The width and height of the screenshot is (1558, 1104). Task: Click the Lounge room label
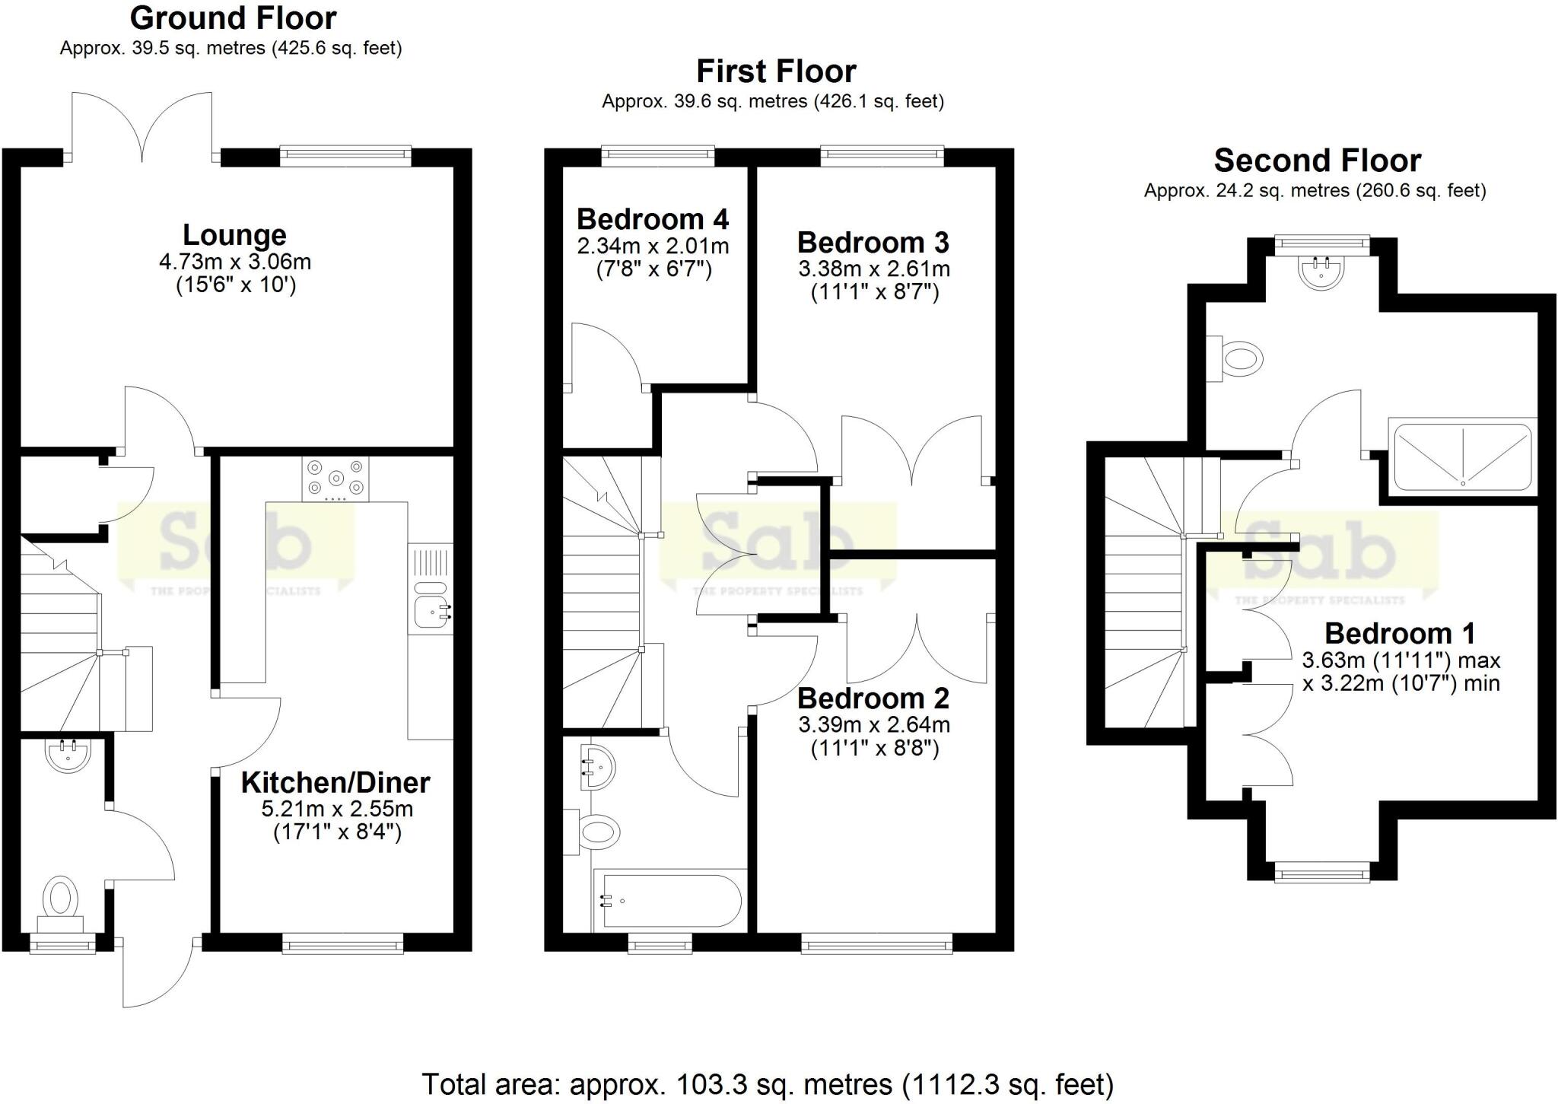click(234, 235)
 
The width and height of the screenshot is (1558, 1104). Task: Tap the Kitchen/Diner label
click(335, 782)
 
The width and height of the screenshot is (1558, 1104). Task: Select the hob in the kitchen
click(335, 479)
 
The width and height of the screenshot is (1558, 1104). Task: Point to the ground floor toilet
click(62, 899)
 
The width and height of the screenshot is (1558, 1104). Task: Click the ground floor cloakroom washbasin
click(68, 752)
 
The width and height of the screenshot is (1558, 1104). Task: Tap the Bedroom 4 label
click(653, 219)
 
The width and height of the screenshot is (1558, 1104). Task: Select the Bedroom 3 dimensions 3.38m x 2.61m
click(874, 269)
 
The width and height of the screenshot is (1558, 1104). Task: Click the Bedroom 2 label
click(873, 698)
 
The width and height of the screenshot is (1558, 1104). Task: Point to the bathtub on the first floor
click(670, 901)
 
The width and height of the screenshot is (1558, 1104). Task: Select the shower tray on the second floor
click(1462, 457)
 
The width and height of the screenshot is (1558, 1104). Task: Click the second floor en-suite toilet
click(1239, 358)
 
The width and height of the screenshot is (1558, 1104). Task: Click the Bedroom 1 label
click(1400, 633)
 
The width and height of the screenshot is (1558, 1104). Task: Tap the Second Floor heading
click(1318, 161)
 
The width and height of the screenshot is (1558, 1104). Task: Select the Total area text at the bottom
click(768, 1083)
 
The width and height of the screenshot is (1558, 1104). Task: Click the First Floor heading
click(776, 72)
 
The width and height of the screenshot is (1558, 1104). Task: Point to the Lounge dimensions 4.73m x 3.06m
click(235, 262)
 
